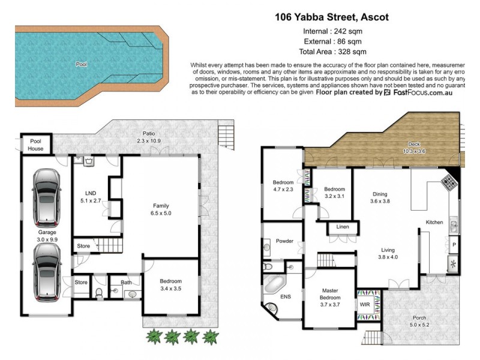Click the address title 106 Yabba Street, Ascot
tap(332, 17)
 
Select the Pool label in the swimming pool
tap(81, 64)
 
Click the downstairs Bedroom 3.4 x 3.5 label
tap(170, 284)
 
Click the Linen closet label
tap(343, 227)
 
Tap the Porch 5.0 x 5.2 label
tap(419, 322)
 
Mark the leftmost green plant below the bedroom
tap(154, 336)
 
